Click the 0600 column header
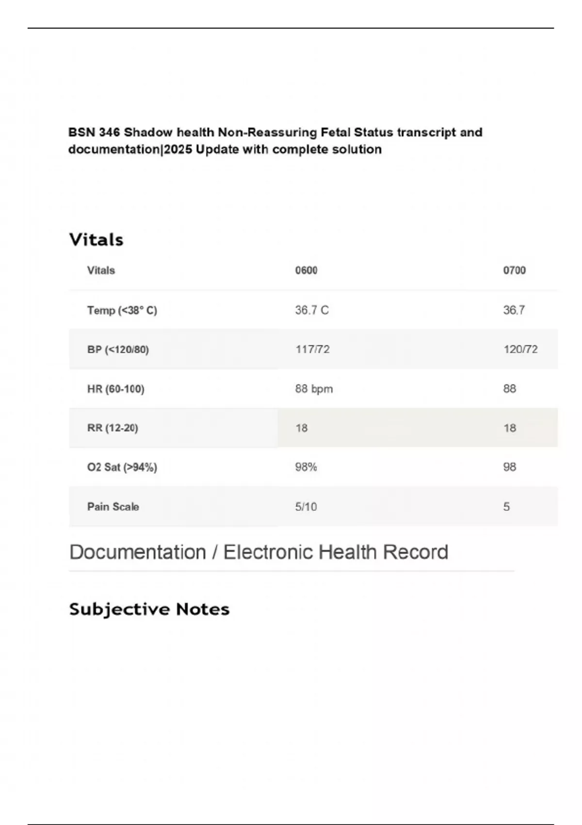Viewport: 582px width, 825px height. [x=306, y=270]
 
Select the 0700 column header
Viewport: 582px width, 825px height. [x=514, y=270]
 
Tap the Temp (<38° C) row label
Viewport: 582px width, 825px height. [x=122, y=310]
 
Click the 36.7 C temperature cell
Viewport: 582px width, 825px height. [x=312, y=310]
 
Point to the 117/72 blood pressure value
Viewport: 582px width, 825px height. [x=312, y=349]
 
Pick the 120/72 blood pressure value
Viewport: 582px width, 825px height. [x=520, y=349]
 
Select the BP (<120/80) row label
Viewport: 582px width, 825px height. [x=118, y=349]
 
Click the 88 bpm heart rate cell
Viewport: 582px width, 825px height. [x=314, y=389]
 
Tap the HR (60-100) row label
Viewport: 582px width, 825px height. [x=116, y=389]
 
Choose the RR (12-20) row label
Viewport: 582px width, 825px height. [x=113, y=428]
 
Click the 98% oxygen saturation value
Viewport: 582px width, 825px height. [x=306, y=467]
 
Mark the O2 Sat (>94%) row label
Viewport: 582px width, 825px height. [x=122, y=467]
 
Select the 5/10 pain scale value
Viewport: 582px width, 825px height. [x=306, y=507]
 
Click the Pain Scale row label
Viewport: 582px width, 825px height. [x=113, y=507]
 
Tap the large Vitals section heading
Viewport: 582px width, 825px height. [x=96, y=240]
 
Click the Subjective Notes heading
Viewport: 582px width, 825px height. [x=149, y=609]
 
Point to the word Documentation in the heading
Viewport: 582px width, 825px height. [x=138, y=552]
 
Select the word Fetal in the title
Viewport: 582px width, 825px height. [x=335, y=132]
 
